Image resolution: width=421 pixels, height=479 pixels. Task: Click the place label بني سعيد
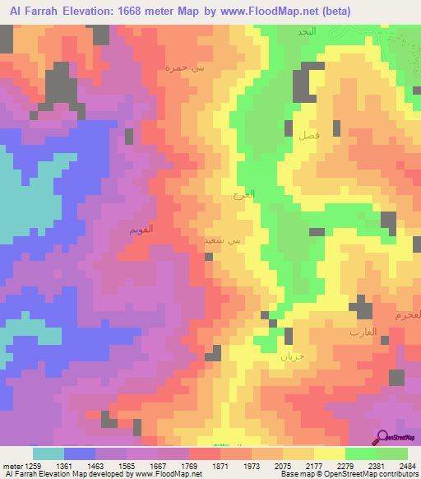pos(224,241)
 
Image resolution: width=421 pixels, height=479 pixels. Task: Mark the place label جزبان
pos(292,357)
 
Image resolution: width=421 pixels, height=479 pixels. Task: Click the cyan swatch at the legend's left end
pos(49,453)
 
